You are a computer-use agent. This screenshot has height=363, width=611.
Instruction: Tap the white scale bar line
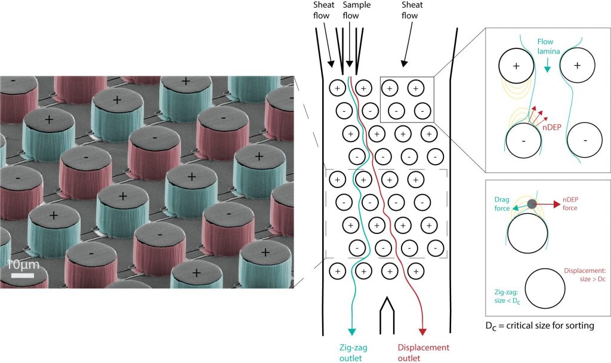pos(21,275)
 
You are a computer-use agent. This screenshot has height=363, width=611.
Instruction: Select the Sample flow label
pos(356,10)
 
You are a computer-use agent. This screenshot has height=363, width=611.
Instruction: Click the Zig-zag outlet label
pos(351,352)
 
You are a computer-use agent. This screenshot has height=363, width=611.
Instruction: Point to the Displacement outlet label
pos(423,352)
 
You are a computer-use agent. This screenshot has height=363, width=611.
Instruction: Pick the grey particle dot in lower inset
pos(532,205)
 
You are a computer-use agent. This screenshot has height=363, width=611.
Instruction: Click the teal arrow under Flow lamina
pos(548,69)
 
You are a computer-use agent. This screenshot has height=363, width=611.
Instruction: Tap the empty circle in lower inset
pos(544,290)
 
